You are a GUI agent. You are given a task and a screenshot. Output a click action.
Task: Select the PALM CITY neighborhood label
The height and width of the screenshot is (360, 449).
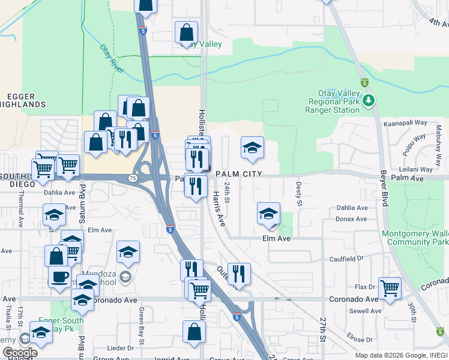point(239,173)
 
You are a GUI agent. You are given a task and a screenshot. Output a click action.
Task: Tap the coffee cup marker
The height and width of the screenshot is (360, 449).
point(59,277)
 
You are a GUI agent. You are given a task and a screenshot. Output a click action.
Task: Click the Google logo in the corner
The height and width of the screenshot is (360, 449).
point(19,352)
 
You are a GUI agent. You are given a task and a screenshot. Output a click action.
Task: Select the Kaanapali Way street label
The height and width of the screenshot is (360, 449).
point(406,122)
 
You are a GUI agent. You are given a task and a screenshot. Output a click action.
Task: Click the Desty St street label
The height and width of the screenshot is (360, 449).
point(298,194)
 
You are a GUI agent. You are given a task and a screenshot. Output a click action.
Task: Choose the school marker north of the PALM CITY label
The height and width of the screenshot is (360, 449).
point(253,148)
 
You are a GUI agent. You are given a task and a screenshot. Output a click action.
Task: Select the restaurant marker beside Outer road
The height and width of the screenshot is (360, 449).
point(239,274)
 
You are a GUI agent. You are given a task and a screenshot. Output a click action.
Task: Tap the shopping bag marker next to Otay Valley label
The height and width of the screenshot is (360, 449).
point(187,32)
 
